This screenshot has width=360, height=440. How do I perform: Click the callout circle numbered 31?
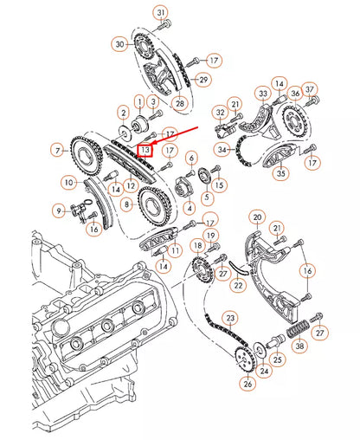pyautogui.click(x=161, y=12)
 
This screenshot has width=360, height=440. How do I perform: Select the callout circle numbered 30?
pyautogui.click(x=119, y=43)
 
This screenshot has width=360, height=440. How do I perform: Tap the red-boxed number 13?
pyautogui.click(x=146, y=150)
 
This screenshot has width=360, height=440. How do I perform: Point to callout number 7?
pyautogui.click(x=57, y=152)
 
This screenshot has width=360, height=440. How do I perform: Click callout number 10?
pyautogui.click(x=67, y=183)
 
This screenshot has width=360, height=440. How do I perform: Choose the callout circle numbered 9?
pyautogui.click(x=59, y=210)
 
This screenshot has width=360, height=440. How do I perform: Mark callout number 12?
pyautogui.click(x=130, y=184)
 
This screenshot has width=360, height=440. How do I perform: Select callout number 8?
pyautogui.click(x=127, y=204)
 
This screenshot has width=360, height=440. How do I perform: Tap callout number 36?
pyautogui.click(x=295, y=94)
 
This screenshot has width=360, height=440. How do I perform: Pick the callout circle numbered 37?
pyautogui.click(x=311, y=89)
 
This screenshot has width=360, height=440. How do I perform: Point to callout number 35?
pyautogui.click(x=280, y=173)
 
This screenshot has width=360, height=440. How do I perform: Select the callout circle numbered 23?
pyautogui.click(x=230, y=318)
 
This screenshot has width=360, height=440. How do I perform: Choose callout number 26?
pyautogui.click(x=247, y=384)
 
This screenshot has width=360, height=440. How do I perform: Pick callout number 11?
pyautogui.click(x=176, y=251)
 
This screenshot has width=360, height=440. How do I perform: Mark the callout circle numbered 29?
pyautogui.click(x=203, y=80)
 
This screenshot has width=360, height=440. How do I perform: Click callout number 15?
pyautogui.click(x=218, y=184)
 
